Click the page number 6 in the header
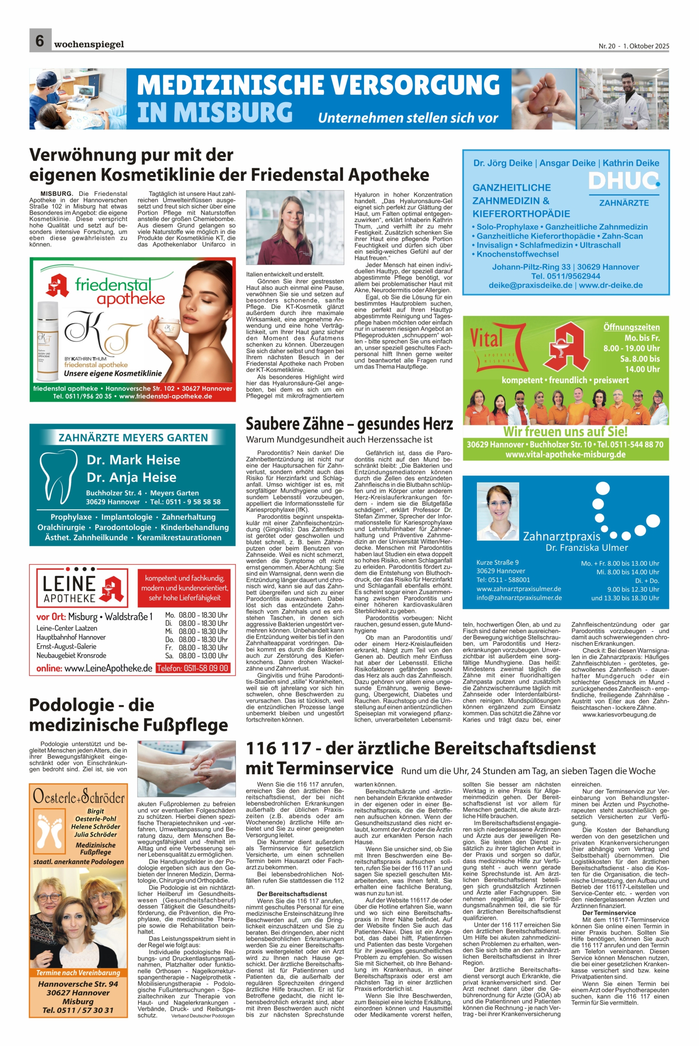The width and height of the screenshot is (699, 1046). point(40,40)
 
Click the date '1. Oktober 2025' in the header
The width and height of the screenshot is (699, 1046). point(646,46)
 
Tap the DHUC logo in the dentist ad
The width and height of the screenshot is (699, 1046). point(624,181)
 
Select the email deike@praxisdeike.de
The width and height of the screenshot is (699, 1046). point(530,285)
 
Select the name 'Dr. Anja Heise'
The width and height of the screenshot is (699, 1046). point(131,477)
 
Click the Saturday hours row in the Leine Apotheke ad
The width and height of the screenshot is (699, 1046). point(196,655)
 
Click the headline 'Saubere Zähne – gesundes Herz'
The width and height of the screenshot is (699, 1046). point(349,423)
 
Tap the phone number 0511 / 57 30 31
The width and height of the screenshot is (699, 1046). point(78,1010)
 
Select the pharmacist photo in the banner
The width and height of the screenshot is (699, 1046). point(624,98)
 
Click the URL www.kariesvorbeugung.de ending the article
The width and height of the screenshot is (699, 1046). point(619,715)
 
